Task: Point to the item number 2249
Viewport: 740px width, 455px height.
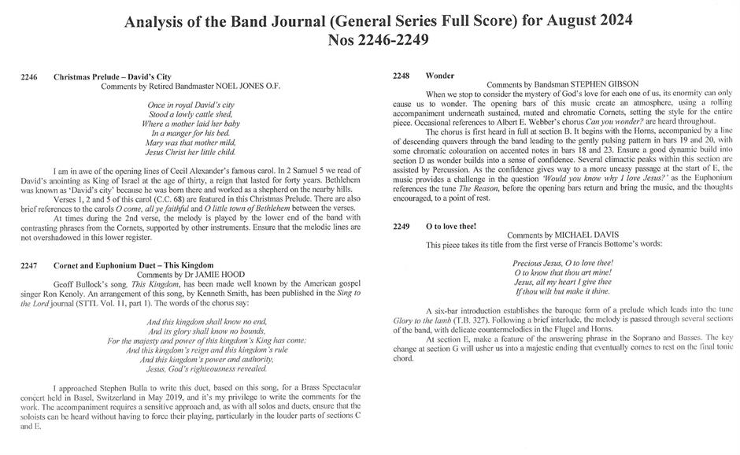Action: coord(401,226)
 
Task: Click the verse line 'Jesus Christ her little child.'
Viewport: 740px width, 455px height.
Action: coord(192,151)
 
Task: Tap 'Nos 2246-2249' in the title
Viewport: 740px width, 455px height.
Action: coord(370,39)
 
